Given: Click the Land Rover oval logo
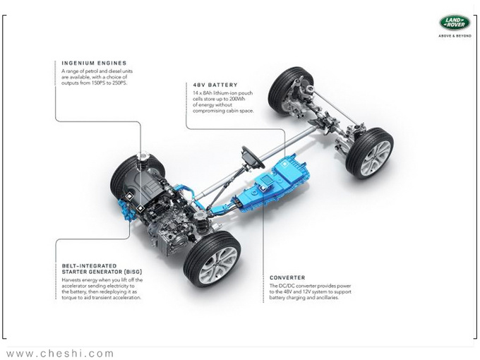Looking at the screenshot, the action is coord(455,23).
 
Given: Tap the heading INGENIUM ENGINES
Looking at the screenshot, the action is coord(94,63).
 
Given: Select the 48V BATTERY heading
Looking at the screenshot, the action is coord(215,85).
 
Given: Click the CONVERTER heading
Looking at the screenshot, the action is coord(287,277).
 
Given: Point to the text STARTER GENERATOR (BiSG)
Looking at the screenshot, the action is coord(102,272).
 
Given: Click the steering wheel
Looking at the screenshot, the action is coord(253,157).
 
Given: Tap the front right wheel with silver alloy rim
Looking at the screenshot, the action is coord(212,259).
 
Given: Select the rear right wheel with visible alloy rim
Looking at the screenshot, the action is coord(370,153).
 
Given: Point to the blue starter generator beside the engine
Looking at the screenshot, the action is coord(126,209).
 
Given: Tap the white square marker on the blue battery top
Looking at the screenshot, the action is coord(284,164).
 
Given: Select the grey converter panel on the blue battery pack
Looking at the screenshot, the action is coord(266,179).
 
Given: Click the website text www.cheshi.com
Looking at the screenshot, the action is coord(60,354).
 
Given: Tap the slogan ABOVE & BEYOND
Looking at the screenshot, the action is coord(455,36).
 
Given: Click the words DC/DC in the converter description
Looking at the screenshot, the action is coord(286,286).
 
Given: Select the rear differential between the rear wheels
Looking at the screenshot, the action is coord(328,121).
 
